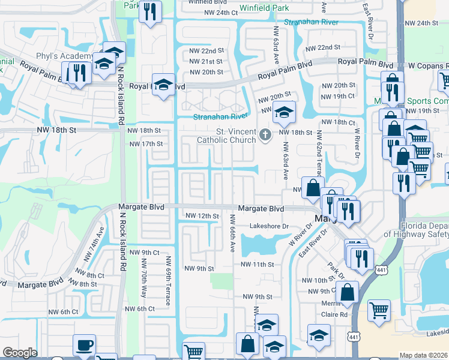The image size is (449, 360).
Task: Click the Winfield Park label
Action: (x=264, y=8)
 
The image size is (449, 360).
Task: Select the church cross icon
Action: (x=267, y=136)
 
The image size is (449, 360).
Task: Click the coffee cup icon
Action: (x=84, y=345)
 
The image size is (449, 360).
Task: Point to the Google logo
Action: (x=20, y=353)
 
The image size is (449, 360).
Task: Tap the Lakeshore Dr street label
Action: (x=270, y=226)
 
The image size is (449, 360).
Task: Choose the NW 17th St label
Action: (x=146, y=144)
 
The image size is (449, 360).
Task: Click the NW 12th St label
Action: (x=202, y=215)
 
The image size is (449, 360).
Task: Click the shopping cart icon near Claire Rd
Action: (x=379, y=310)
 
